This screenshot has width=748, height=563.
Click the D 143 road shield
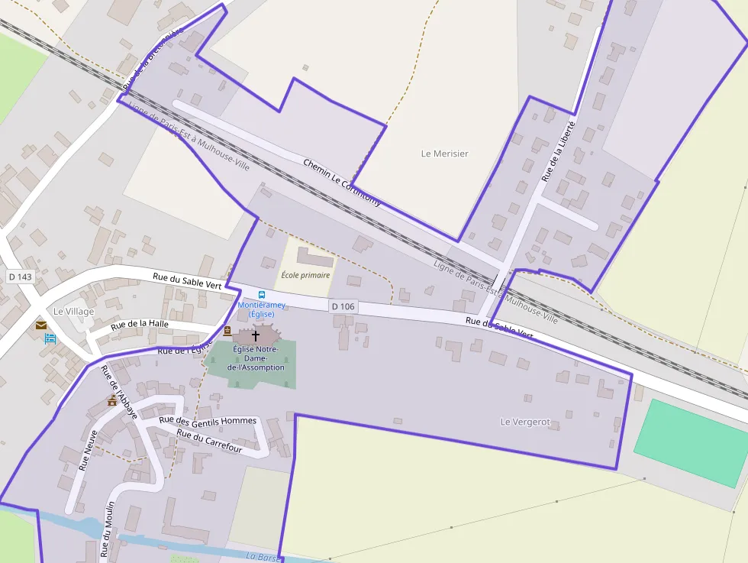pos(20,276)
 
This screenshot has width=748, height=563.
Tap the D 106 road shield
pos(343,306)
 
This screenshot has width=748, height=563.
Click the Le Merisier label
pos(445,154)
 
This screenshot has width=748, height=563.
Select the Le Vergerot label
pos(525,422)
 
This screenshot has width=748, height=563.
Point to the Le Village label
pos(74,312)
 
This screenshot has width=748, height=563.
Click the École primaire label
pos(305,275)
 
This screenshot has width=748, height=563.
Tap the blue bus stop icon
pos(262,295)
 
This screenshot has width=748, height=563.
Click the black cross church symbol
pos(256,335)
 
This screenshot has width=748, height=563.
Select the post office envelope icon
pos(40,325)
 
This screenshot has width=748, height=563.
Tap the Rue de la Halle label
pos(140,325)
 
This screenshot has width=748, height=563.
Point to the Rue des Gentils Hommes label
pos(208,420)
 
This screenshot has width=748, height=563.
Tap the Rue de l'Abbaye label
pos(119,391)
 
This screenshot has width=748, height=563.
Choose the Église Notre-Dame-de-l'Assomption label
pos(256,358)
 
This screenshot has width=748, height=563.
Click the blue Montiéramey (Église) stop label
pos(262,309)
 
